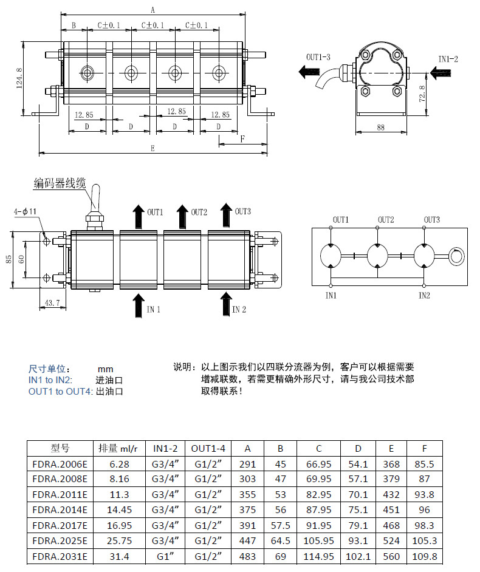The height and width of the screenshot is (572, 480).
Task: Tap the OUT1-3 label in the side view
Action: [318, 58]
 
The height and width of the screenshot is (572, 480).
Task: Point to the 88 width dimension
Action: [381, 128]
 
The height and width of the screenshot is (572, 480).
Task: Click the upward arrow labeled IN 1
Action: [139, 304]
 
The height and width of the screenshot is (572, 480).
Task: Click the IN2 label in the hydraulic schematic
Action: [424, 296]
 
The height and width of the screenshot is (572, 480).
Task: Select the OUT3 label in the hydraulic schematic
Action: [431, 219]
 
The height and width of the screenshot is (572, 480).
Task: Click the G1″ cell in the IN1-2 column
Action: [165, 556]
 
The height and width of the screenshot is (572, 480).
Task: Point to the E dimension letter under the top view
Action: [152, 148]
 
